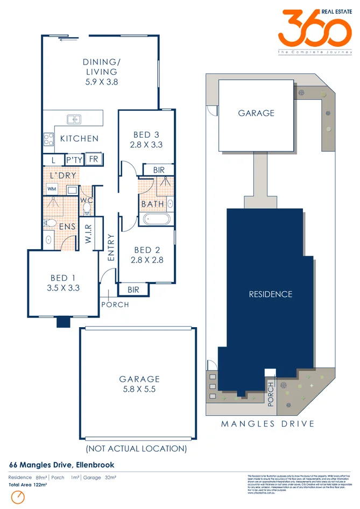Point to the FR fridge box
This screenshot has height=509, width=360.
(x=94, y=159)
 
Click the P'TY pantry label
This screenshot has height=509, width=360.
(x=73, y=160)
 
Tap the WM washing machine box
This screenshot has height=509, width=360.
(x=52, y=189)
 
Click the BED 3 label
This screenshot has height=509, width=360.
(x=146, y=135)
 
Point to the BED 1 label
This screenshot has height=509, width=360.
(x=63, y=278)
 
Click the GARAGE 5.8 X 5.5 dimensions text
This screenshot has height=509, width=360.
(x=139, y=389)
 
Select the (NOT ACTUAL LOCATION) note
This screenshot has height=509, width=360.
(x=136, y=448)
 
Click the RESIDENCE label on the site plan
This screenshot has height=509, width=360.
(x=270, y=294)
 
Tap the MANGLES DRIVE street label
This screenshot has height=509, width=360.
(x=268, y=423)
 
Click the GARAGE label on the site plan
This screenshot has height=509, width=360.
(x=256, y=113)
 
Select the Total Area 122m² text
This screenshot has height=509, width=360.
(x=28, y=485)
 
